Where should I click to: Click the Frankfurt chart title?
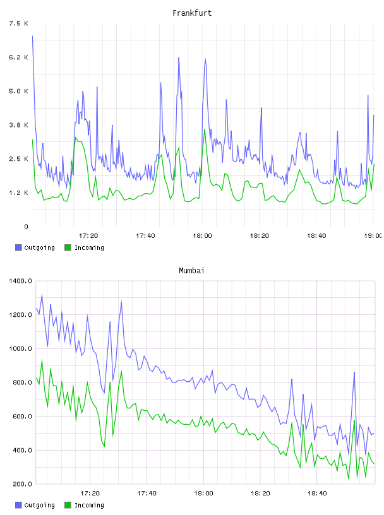[192, 13]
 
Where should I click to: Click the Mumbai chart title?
[191, 271]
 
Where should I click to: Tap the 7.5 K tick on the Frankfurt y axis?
[19, 23]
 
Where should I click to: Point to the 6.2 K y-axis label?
[19, 57]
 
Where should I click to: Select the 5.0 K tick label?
[19, 91]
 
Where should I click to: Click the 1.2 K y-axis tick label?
[19, 192]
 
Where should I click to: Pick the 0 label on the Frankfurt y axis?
[27, 227]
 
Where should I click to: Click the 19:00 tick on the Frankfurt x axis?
[373, 236]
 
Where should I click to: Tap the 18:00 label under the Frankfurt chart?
[202, 236]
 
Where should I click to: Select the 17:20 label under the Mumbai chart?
[90, 494]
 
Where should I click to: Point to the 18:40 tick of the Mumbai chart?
[317, 494]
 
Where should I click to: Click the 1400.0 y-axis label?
[20, 281]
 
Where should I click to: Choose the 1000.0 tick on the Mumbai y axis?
[20, 348]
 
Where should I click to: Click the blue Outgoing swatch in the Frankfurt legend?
[18, 247]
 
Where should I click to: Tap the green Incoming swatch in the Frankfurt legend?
[68, 247]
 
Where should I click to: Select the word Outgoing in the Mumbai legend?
[39, 505]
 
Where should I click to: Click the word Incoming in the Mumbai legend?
[89, 505]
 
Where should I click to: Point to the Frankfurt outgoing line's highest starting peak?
[32, 36]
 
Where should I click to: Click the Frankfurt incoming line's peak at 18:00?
[205, 130]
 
